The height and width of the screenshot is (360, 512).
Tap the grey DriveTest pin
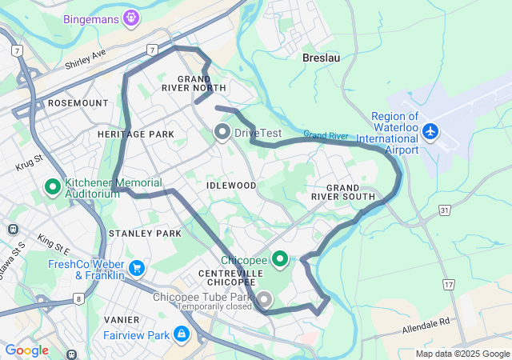coord(222,131)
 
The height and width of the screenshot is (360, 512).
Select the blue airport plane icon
coord(431,130)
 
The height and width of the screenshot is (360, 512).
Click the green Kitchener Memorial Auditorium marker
coord(53,187)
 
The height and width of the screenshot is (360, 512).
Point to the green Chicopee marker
coord(280,259)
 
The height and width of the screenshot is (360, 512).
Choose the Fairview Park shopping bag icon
coord(182,333)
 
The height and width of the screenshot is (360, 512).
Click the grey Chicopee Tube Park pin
coord(263,300)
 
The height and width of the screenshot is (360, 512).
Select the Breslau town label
coord(321,58)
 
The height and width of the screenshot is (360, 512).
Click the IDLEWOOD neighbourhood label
coord(231,186)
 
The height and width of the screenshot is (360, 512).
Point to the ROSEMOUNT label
coord(78,103)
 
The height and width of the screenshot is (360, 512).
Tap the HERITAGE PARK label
coord(136,134)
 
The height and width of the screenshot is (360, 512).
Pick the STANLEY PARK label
coord(145,233)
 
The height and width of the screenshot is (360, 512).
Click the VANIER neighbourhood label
coord(122,319)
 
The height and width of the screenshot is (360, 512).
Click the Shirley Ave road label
coord(86,58)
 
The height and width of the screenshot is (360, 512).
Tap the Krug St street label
coord(29,164)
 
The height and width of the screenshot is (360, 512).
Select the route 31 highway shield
coord(446,210)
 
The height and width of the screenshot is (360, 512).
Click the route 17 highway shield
coord(448,285)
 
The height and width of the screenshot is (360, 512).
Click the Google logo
coord(26,350)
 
